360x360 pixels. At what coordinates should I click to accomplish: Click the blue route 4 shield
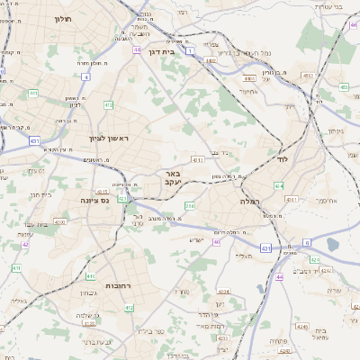point(85,77)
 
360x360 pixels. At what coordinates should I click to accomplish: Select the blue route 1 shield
point(191,51)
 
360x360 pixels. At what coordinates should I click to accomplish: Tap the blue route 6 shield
point(306,242)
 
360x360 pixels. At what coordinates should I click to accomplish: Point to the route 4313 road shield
point(197,160)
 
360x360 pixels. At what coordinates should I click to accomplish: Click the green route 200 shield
point(189,206)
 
